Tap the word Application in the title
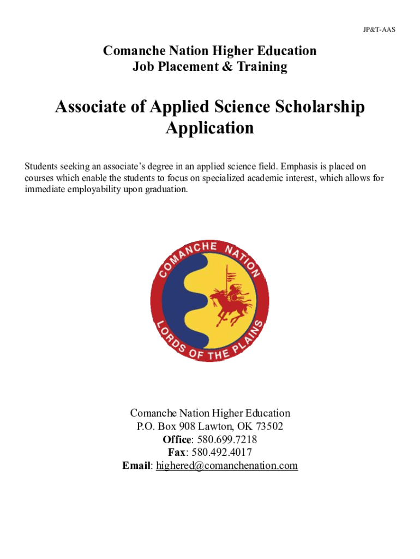[x=209, y=128]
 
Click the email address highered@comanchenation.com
[x=227, y=466]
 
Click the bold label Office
[x=177, y=439]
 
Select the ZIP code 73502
[x=268, y=426]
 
